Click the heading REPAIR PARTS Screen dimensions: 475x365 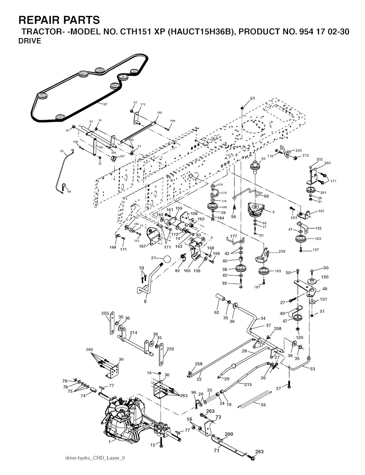tap(59, 19)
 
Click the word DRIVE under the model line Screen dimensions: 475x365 tap(30, 41)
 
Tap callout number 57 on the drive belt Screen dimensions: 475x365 tap(105, 104)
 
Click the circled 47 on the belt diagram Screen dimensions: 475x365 tap(134, 71)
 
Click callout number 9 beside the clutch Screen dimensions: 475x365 tap(273, 212)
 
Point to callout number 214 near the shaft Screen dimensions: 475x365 tap(133, 332)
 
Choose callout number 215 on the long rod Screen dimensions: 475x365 tap(248, 384)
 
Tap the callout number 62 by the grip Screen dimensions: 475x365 tap(216, 313)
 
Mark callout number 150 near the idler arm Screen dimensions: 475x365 tap(325, 277)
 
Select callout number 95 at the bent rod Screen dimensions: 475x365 tap(62, 151)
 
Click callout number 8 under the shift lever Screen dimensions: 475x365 tap(145, 301)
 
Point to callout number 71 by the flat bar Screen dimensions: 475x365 tap(216, 451)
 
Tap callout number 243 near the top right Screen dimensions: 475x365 tap(298, 150)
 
